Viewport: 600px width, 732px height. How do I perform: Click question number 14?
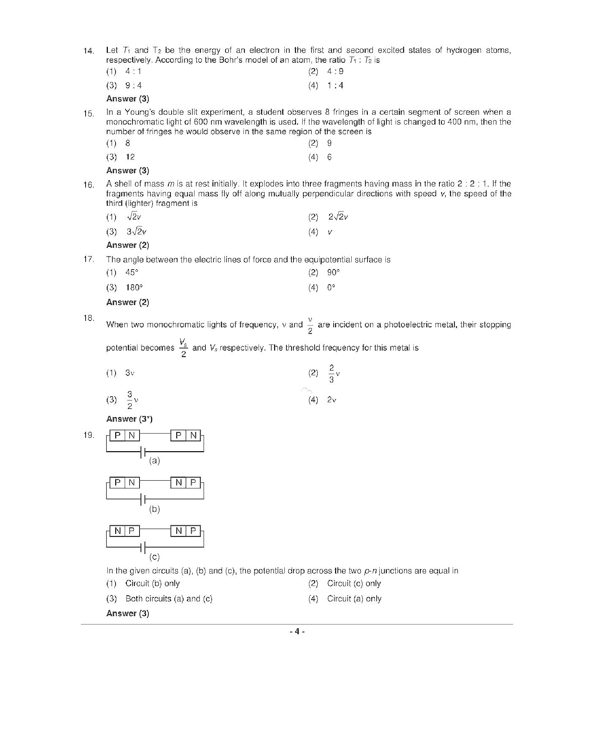[88, 51]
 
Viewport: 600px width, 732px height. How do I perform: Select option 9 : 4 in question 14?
[134, 86]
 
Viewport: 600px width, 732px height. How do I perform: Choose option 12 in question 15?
[130, 157]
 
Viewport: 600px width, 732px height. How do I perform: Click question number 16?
[88, 185]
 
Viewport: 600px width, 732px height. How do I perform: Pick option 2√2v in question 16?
[338, 217]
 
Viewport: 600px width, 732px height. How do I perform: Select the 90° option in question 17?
[333, 272]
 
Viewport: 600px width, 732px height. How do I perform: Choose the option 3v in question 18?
[130, 373]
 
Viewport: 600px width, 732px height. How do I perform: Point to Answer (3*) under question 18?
[129, 419]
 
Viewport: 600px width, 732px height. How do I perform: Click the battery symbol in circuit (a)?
[143, 452]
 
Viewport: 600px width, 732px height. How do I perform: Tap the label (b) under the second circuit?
[154, 509]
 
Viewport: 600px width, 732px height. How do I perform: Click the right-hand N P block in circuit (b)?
[186, 483]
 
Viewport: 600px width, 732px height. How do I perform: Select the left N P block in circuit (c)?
[125, 531]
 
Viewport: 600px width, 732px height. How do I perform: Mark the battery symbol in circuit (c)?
[143, 548]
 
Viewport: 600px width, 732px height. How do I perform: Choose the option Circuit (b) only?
[152, 583]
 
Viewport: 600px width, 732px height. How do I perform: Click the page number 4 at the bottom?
[297, 631]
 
